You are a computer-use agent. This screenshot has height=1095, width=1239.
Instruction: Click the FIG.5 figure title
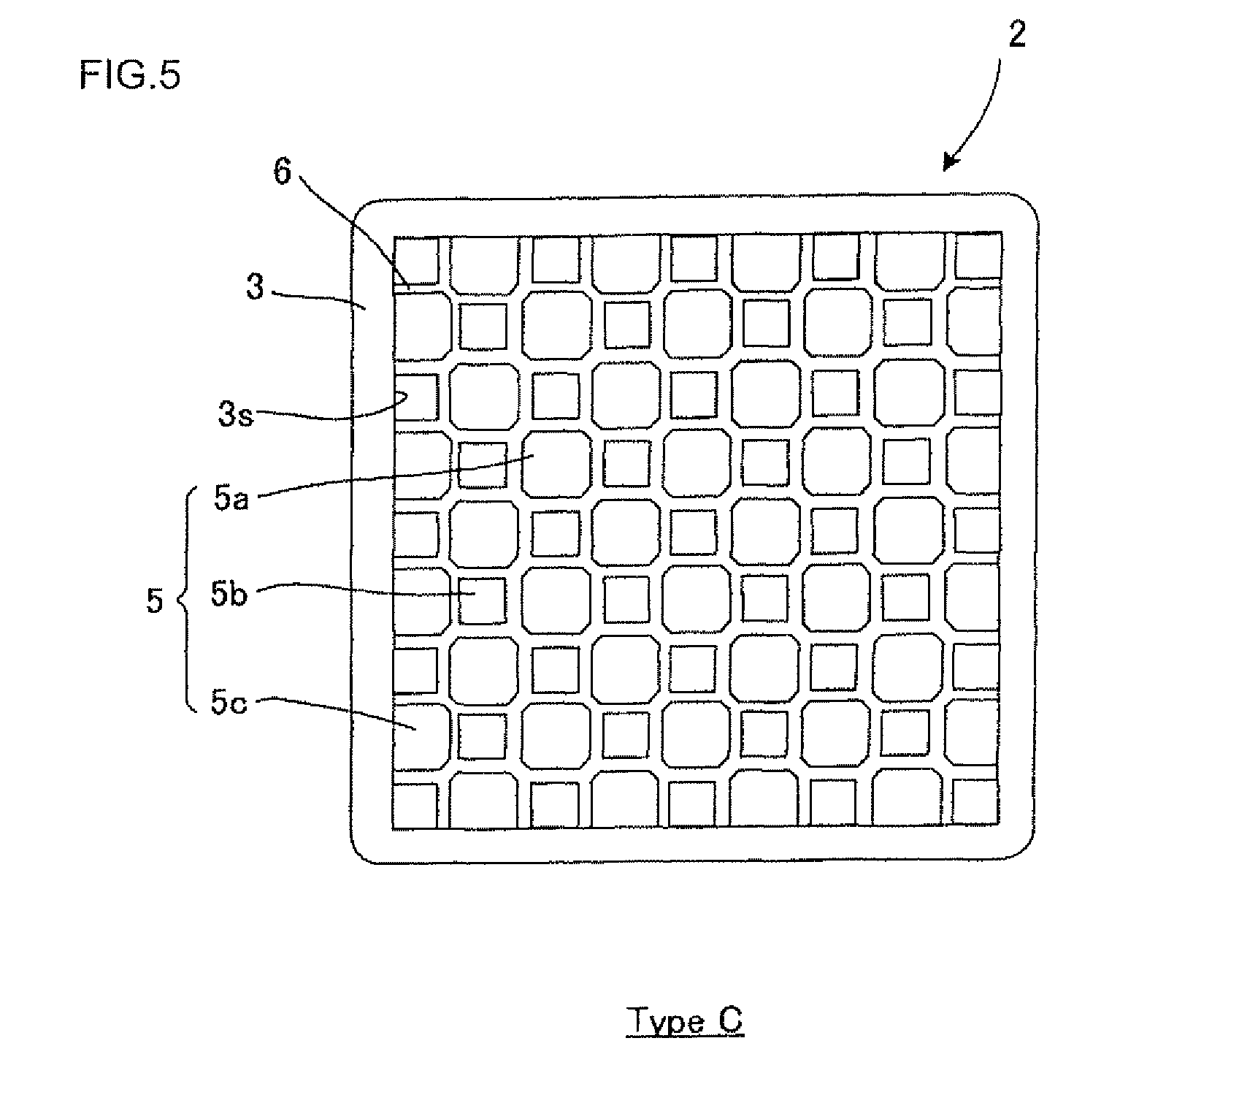pyautogui.click(x=129, y=75)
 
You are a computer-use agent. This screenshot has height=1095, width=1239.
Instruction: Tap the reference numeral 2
pyautogui.click(x=1016, y=34)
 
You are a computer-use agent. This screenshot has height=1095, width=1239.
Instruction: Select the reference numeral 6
pyautogui.click(x=282, y=172)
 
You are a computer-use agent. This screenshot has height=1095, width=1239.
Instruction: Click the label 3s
pyautogui.click(x=235, y=416)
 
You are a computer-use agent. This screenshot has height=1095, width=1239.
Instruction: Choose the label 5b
pyautogui.click(x=229, y=595)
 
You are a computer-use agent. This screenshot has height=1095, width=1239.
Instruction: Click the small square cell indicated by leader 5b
pyautogui.click(x=482, y=600)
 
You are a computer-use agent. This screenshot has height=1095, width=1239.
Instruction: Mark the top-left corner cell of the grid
pyautogui.click(x=415, y=260)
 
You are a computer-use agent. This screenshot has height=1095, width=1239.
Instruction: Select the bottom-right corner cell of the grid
pyautogui.click(x=976, y=805)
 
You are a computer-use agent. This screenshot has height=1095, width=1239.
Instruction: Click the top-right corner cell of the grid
pyautogui.click(x=978, y=256)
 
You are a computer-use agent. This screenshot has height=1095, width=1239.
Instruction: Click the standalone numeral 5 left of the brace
pyautogui.click(x=154, y=603)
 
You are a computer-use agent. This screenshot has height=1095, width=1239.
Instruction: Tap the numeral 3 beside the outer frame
pyautogui.click(x=255, y=288)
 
